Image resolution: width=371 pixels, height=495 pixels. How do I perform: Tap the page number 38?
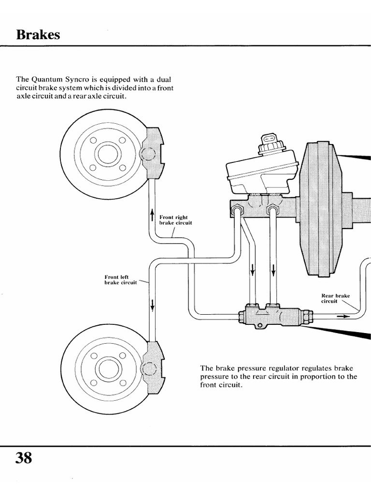[24, 457]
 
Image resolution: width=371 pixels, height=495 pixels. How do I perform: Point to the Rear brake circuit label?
[335, 298]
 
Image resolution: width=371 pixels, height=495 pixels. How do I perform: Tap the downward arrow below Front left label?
[153, 305]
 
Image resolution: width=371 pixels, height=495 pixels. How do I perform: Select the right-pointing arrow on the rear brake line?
[342, 317]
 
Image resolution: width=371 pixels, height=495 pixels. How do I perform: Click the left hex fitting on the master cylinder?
[238, 210]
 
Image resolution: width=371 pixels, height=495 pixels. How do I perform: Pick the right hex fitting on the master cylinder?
[271, 210]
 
